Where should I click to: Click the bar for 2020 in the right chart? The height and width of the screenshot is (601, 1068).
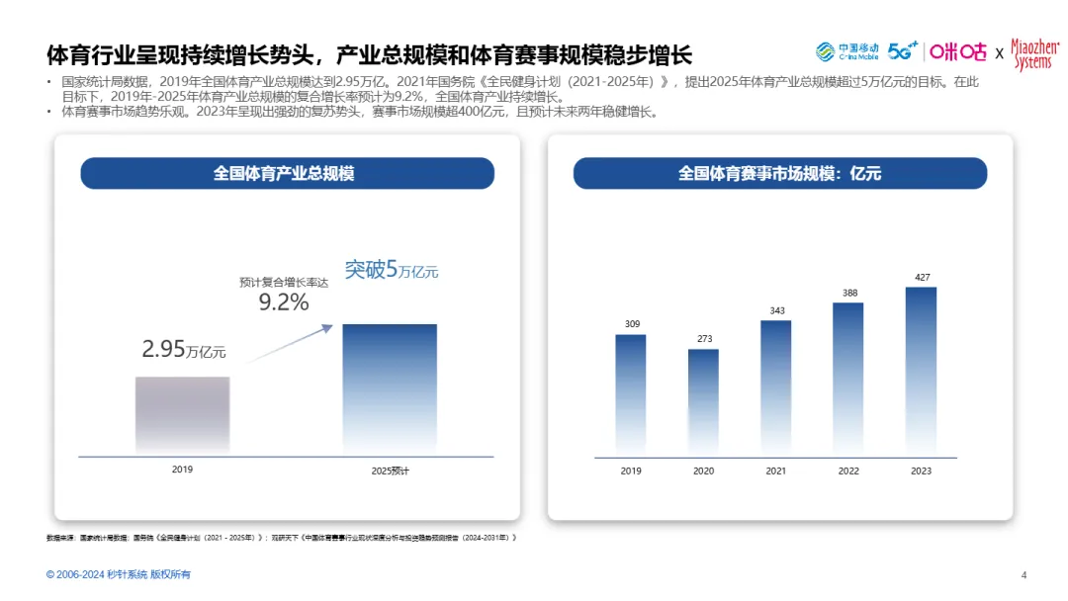pos(703,400)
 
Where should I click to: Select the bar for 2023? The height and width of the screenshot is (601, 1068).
pos(921,371)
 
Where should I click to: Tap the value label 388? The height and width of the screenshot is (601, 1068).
pos(848,293)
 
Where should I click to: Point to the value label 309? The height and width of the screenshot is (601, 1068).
pos(631,324)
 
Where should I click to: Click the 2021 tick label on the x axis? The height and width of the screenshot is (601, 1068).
pos(776,472)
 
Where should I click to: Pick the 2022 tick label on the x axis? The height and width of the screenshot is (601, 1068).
pos(848,472)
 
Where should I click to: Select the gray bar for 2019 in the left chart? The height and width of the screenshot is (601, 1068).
pos(182,415)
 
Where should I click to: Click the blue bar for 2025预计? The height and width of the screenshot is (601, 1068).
pos(390,389)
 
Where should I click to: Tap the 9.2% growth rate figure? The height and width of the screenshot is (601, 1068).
pos(284,302)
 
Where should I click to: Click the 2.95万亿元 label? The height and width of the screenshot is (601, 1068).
pos(184,350)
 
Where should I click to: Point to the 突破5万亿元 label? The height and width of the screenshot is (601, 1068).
pos(391,270)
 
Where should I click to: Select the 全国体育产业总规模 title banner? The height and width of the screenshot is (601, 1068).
pos(287,174)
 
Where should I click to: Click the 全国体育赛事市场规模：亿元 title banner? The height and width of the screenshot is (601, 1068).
pos(779,174)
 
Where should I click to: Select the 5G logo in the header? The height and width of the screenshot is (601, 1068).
pos(902,51)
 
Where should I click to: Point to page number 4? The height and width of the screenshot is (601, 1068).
pos(1023,575)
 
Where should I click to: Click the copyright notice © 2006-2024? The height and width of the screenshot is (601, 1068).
pos(119,575)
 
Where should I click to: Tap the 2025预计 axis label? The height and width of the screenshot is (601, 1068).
pos(390,472)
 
